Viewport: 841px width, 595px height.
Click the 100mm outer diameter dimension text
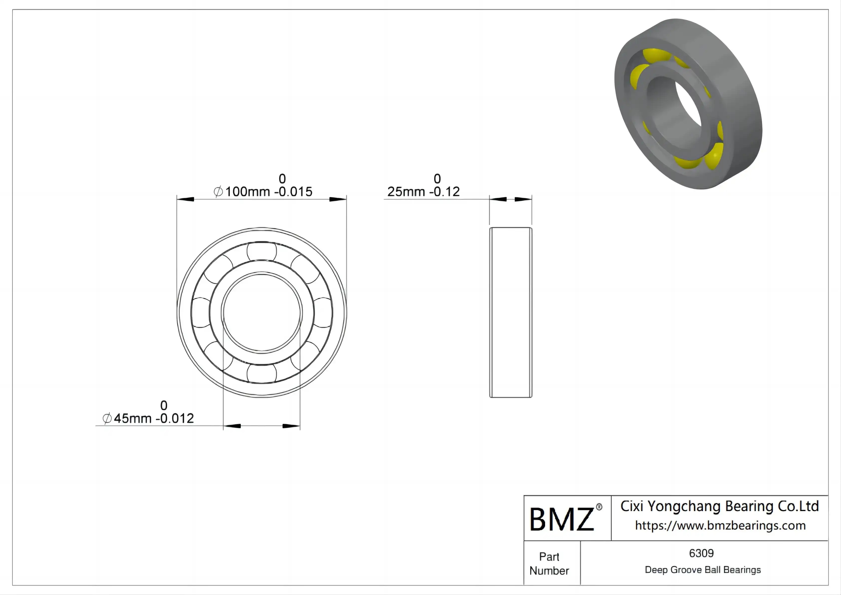[x=263, y=192]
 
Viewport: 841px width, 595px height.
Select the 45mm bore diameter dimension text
[x=148, y=418]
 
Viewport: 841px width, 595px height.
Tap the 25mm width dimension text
[x=423, y=192]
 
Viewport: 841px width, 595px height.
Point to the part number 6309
[x=701, y=553]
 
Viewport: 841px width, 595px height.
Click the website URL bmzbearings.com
[x=720, y=525]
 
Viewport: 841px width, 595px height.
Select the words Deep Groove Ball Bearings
[x=703, y=570]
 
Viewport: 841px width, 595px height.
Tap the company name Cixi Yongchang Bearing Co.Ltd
[x=719, y=506]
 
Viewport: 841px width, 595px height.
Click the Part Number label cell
[x=549, y=564]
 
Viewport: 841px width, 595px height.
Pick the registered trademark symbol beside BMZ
[x=599, y=507]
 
